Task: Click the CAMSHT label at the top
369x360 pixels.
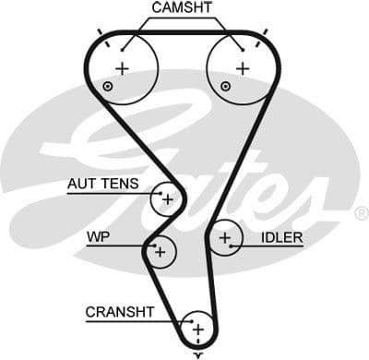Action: coord(182,7)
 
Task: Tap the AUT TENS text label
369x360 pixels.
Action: coord(101,184)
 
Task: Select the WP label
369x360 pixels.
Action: coord(99,237)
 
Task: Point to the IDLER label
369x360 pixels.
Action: coord(281,237)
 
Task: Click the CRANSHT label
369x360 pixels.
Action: coord(120,312)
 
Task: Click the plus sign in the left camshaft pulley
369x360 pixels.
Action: coord(122,68)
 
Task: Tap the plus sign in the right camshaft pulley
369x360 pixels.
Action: coord(242,68)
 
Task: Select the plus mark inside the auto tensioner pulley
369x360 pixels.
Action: coord(167,198)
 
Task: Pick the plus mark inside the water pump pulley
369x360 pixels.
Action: coord(160,250)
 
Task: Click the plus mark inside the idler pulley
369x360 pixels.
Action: coord(224,239)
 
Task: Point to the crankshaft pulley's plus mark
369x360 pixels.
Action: coord(196,329)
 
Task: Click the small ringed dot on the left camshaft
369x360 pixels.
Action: coord(109,87)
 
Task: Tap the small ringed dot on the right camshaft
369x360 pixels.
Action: coord(225,87)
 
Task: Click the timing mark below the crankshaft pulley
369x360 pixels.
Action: coord(196,354)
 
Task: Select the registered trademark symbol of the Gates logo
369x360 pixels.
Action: coord(361,213)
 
